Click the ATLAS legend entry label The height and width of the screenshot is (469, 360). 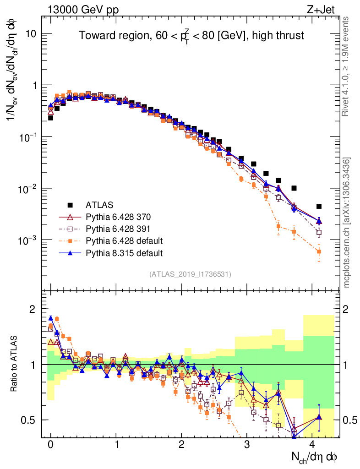(99, 204)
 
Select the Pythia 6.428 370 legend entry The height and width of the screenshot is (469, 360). (118, 216)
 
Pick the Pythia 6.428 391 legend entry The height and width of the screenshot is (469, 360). (118, 229)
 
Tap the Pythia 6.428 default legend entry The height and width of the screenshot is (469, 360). (124, 240)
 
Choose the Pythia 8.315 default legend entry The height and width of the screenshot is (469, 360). (124, 253)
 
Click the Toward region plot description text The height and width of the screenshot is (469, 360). (191, 36)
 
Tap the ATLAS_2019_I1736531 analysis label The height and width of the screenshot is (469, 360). (190, 274)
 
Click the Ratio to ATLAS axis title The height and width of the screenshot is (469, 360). (15, 364)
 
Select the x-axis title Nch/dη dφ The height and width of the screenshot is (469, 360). (316, 457)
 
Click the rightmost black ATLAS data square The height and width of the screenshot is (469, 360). (319, 206)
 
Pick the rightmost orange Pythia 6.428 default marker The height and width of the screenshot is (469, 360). (319, 251)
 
